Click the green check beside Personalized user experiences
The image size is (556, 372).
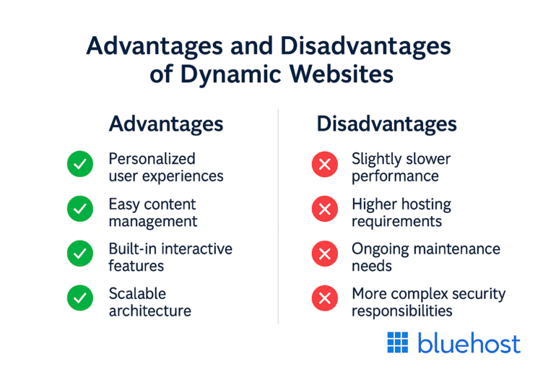coord(79,166)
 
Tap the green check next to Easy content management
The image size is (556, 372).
coord(79,210)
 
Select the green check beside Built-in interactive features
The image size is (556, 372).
coord(79,255)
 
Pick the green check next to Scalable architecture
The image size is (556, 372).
coord(79,300)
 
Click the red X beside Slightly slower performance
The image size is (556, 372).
coord(324,166)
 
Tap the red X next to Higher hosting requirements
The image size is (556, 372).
coord(324,210)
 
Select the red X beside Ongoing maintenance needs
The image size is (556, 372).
coord(324,255)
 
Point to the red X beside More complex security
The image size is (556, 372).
coord(324,300)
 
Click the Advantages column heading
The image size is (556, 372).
coord(165,124)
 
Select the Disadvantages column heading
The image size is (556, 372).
coord(386,124)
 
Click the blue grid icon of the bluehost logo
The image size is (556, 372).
coord(398,342)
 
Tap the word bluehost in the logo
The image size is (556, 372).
coord(468,343)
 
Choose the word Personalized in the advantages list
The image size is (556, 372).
coord(152,158)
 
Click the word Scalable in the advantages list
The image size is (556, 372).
coord(137,293)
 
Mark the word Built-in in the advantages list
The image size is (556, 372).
coord(133,248)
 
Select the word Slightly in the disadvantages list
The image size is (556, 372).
coord(377,158)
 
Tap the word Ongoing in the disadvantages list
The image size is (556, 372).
coord(380,248)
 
